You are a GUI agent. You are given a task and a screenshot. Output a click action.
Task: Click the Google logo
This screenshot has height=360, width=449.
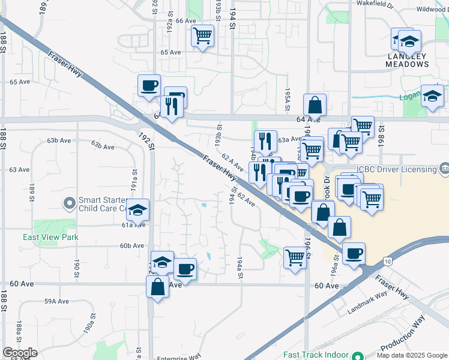20,353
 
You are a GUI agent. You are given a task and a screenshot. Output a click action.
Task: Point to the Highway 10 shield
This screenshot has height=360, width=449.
388,261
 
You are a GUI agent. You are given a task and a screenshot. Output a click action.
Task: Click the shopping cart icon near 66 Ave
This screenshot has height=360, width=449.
203,37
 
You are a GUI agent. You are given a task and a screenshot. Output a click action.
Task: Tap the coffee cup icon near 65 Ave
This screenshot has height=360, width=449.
149,85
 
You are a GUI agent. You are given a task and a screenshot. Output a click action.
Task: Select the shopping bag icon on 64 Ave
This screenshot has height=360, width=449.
315,106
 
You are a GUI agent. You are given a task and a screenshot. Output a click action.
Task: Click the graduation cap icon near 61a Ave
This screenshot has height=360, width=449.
138,209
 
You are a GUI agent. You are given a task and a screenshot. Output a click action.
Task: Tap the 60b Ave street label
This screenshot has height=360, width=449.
132,245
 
